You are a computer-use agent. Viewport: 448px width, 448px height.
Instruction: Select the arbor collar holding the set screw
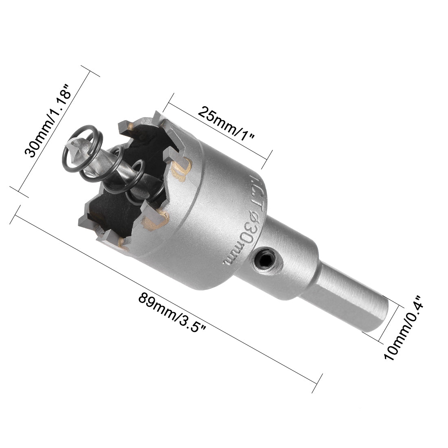(277, 261)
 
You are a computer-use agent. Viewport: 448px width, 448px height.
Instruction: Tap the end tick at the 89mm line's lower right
(320, 379)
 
